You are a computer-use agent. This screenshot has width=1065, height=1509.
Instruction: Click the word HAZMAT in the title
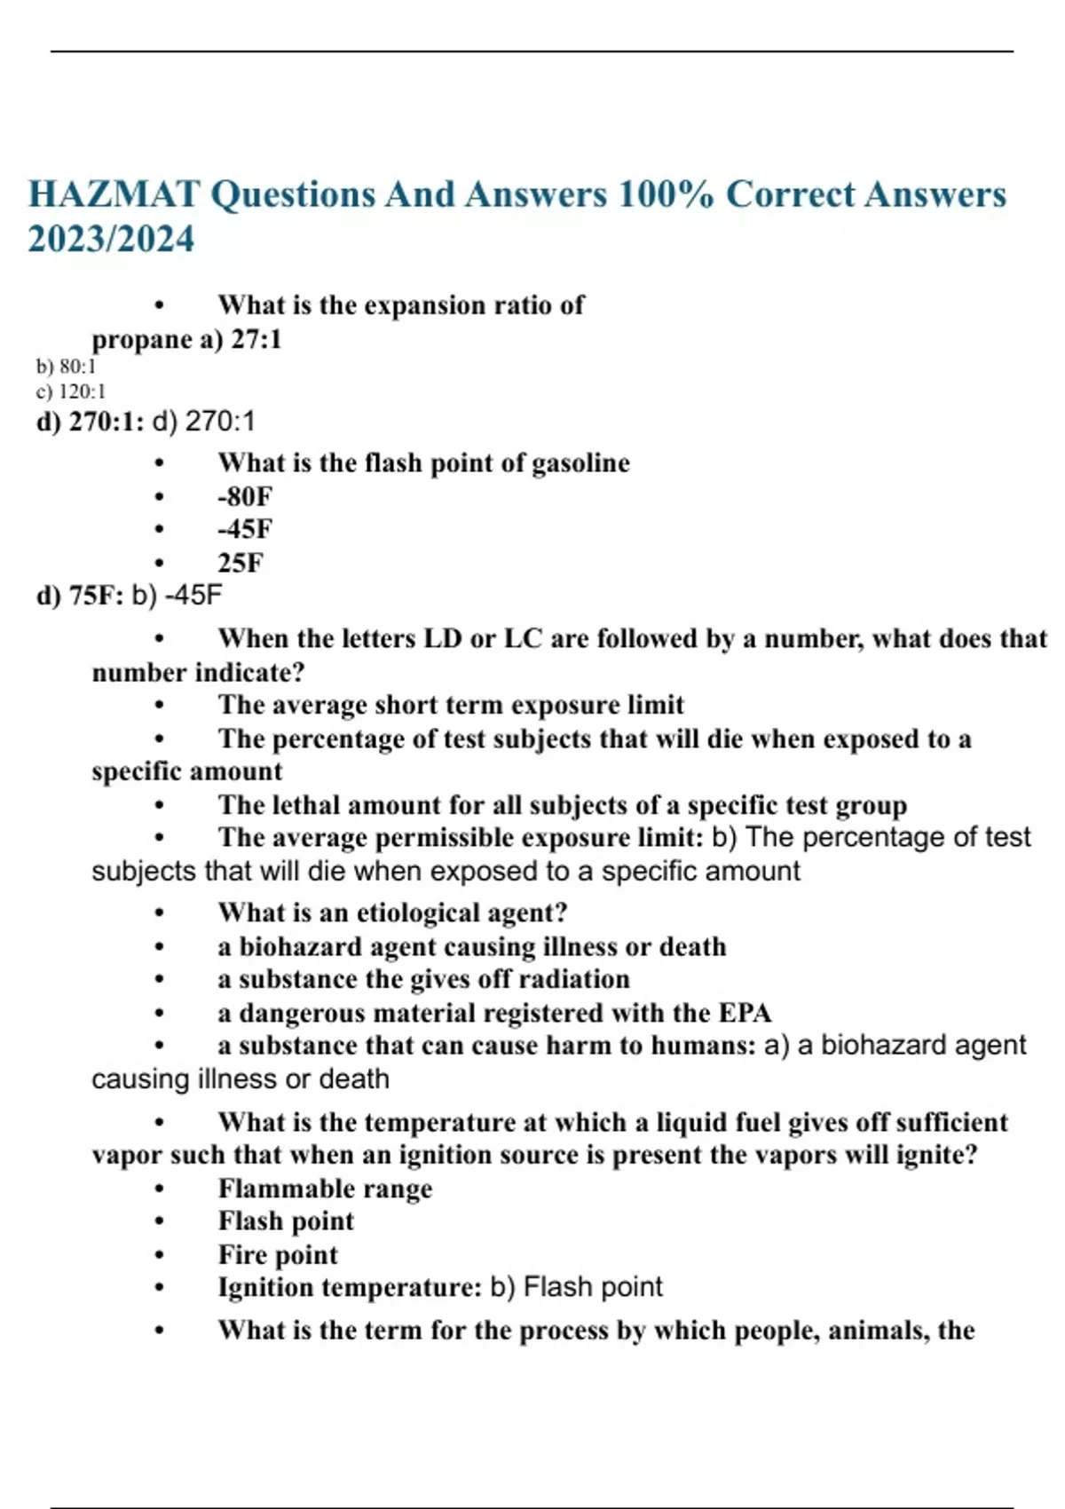(114, 194)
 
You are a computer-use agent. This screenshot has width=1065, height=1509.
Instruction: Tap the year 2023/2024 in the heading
(111, 239)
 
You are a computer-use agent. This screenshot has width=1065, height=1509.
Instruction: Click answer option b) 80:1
(67, 366)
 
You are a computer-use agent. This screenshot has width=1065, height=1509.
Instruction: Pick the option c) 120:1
(71, 391)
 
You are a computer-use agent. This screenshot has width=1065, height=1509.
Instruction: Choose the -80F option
(245, 496)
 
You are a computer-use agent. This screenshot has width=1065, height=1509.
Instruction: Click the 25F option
(241, 563)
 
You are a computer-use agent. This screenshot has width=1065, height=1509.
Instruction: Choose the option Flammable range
(325, 1189)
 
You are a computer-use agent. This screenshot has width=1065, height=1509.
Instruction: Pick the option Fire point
(278, 1255)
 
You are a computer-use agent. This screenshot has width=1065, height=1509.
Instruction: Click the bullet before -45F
(160, 530)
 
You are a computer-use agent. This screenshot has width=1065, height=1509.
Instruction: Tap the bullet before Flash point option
(160, 1222)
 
